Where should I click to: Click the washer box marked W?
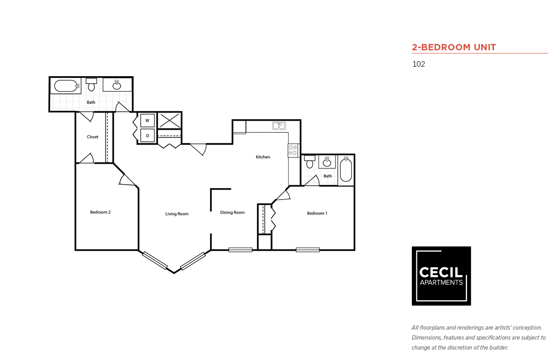(147, 121)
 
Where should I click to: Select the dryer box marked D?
(147, 136)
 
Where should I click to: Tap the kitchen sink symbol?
(279, 126)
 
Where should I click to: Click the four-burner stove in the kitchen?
(293, 151)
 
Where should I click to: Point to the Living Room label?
(177, 214)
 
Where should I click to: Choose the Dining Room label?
(232, 213)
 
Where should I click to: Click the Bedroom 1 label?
(317, 213)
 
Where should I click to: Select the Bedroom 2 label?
(100, 212)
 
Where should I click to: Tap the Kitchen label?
(263, 157)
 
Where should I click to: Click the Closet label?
(93, 137)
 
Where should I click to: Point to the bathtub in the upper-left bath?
(66, 86)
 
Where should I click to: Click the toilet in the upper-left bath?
(91, 85)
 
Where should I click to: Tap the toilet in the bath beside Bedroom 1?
(310, 162)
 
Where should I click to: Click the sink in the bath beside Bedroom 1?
(327, 162)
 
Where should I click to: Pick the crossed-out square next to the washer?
(169, 121)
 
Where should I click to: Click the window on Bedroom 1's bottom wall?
(308, 250)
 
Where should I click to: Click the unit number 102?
(419, 64)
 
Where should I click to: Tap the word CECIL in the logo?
(440, 272)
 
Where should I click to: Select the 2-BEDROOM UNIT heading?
(454, 47)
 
